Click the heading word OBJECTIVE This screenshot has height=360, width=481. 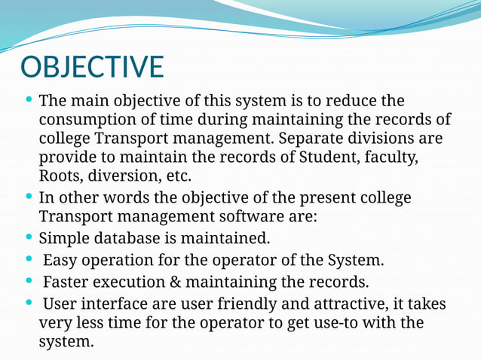click(x=91, y=66)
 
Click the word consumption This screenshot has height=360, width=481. click(x=84, y=120)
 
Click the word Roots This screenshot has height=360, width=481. click(x=60, y=177)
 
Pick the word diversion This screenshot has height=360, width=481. click(x=124, y=177)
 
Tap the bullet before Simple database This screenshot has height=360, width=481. click(x=29, y=239)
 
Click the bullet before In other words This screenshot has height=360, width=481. click(x=29, y=198)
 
